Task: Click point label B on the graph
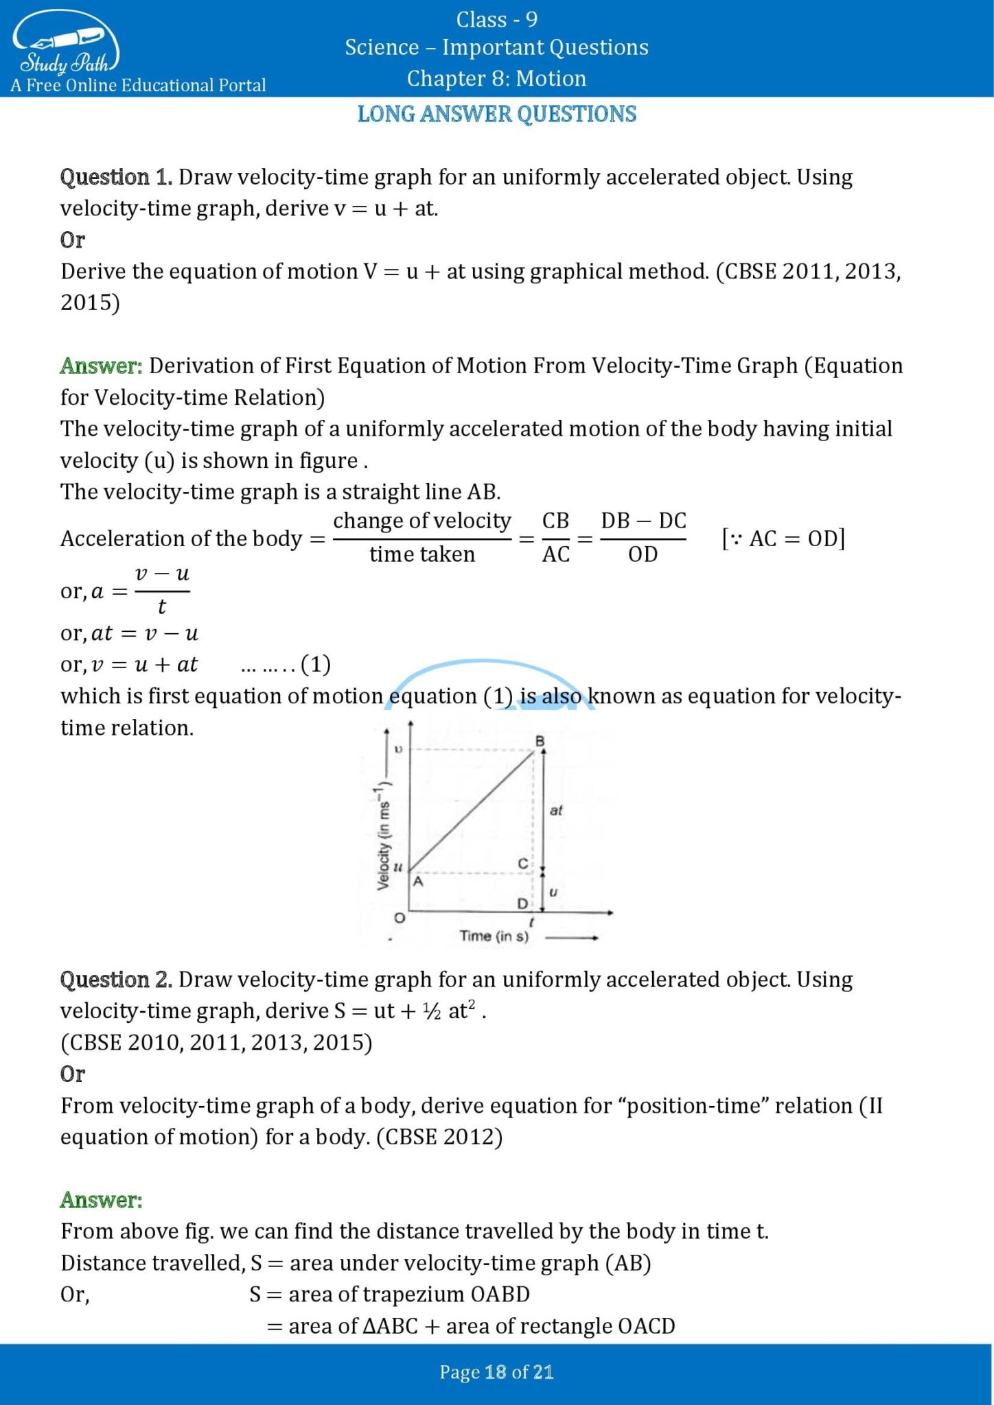coord(540,741)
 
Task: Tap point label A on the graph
coord(417,882)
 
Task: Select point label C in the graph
coord(523,863)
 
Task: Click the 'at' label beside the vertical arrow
coord(556,810)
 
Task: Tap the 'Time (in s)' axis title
coord(494,936)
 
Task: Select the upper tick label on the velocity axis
coord(398,749)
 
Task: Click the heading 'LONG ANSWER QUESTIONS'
coord(497,114)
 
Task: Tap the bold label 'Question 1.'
coord(116,177)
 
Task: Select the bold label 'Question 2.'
coord(116,979)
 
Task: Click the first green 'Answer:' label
coord(101,366)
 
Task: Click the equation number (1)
coord(316,664)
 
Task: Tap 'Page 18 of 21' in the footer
coord(497,1372)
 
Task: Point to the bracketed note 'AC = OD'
coord(783,539)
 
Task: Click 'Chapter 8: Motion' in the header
coord(496,78)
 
